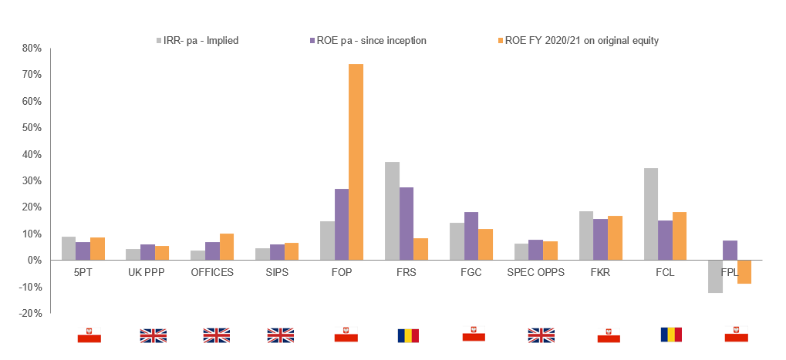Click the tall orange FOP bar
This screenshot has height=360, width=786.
[356, 162]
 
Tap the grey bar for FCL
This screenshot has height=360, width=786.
[651, 214]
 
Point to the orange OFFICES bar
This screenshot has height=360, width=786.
[226, 247]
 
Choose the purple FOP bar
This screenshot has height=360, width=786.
[341, 224]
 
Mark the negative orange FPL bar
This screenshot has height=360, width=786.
[744, 272]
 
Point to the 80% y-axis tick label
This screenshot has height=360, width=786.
[31, 48]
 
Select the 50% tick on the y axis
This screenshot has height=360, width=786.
[31, 128]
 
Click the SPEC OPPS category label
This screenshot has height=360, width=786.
[535, 273]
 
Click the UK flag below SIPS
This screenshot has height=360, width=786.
[280, 335]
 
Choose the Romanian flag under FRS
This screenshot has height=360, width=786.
[408, 335]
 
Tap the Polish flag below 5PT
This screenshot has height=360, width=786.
[89, 335]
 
